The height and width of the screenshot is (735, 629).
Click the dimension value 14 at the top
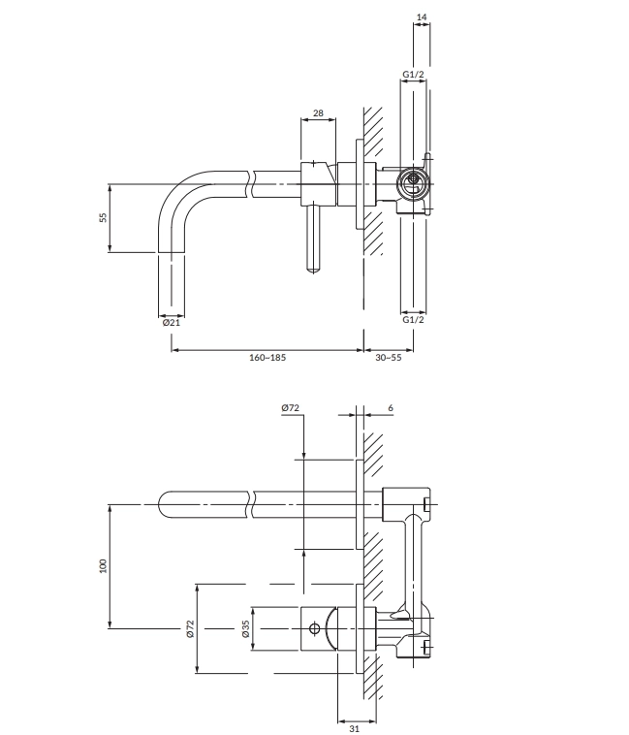(x=422, y=16)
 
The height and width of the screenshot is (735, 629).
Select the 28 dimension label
(x=318, y=113)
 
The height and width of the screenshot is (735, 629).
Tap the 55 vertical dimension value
(x=103, y=217)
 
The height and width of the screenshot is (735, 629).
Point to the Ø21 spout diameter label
(x=172, y=323)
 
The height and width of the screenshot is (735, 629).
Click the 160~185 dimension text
(x=267, y=358)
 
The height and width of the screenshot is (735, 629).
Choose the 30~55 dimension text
(x=389, y=358)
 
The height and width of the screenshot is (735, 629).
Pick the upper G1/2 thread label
(x=413, y=74)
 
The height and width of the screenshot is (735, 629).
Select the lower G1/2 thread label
(x=413, y=320)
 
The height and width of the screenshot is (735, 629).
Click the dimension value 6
(x=391, y=408)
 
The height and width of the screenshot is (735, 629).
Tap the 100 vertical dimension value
(x=103, y=565)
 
